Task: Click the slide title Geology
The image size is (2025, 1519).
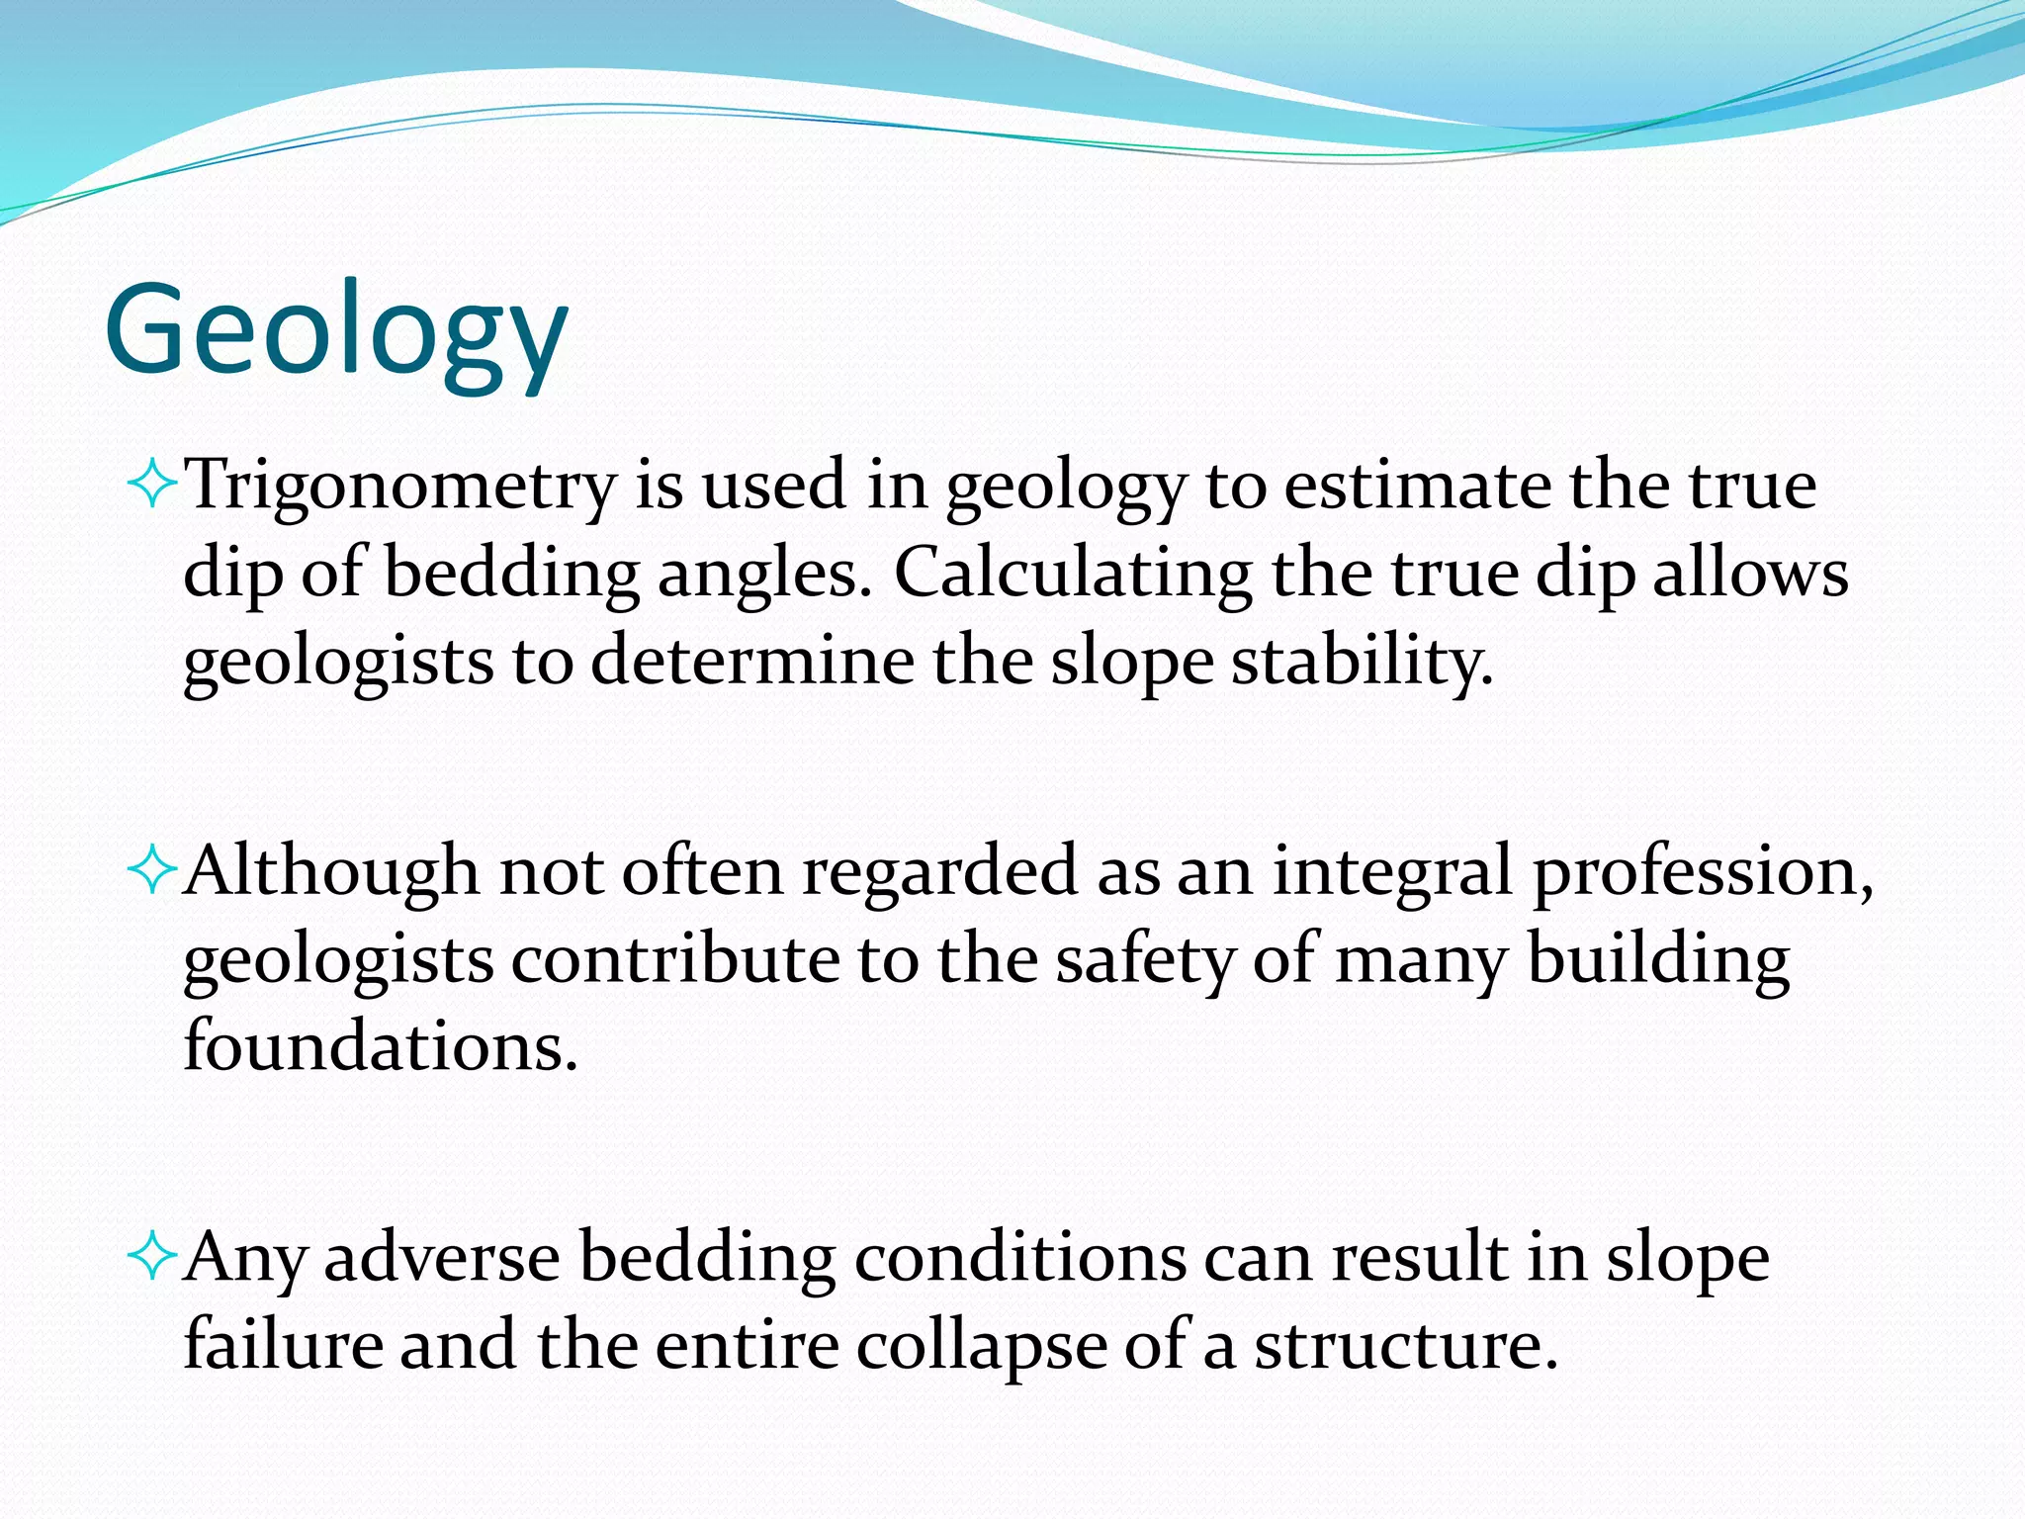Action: (x=336, y=331)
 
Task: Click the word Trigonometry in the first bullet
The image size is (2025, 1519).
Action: (x=400, y=487)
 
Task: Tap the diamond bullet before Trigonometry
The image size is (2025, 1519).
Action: (x=152, y=486)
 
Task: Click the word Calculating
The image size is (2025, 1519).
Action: (x=1073, y=574)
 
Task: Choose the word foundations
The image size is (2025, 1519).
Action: (x=380, y=1046)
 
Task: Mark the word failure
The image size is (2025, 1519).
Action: (x=284, y=1346)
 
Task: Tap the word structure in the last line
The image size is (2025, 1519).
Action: (x=1404, y=1346)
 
